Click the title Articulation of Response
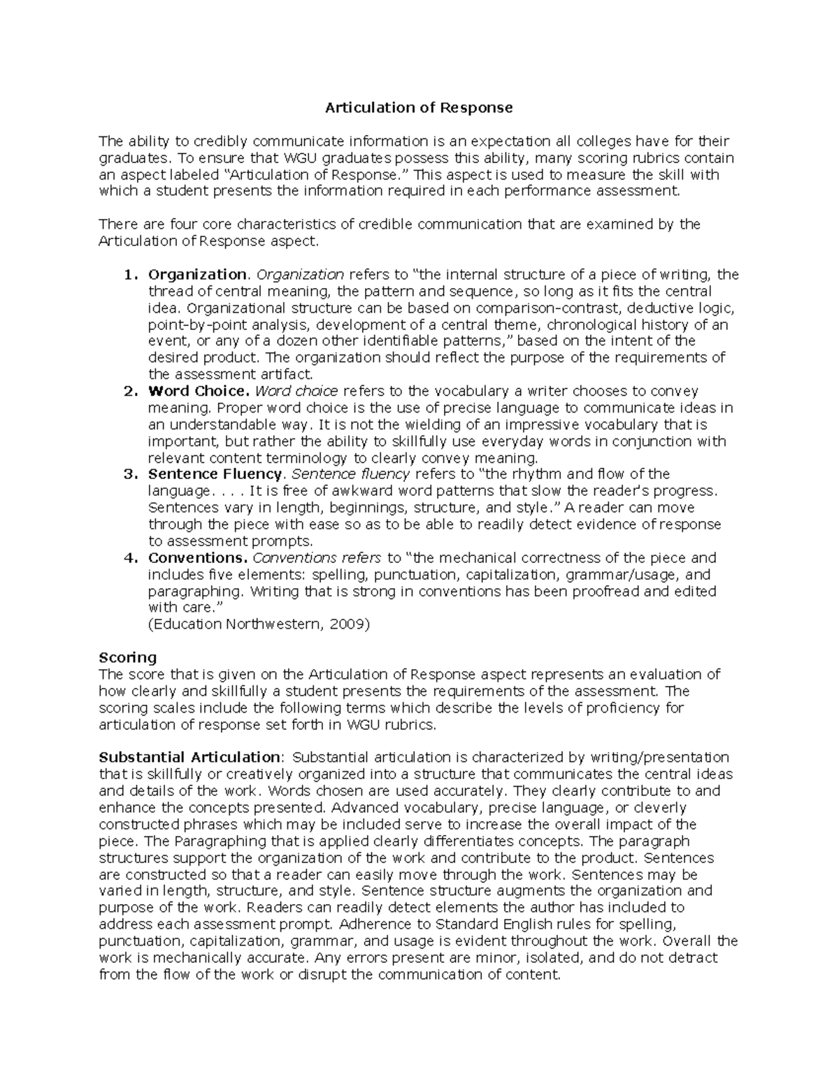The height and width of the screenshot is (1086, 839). point(418,108)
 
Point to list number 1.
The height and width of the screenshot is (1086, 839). point(129,274)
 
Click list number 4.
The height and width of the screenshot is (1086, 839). point(129,558)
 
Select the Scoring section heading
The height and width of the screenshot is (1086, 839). point(128,657)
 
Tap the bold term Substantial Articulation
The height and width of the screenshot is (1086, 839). point(189,757)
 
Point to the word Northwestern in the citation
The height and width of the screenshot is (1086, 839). point(273,624)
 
